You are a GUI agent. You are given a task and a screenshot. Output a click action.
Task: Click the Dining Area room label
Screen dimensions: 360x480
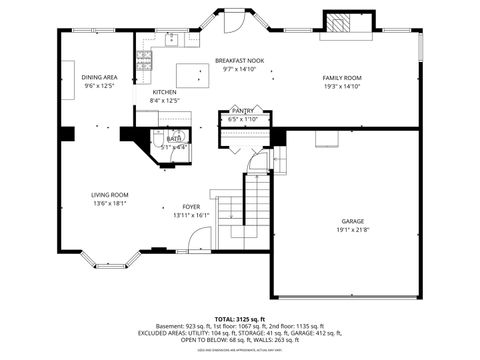[100, 77]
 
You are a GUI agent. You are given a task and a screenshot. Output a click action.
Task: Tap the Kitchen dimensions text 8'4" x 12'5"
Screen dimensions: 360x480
[164, 101]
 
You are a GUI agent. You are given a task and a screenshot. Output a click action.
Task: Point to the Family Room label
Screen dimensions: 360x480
[341, 77]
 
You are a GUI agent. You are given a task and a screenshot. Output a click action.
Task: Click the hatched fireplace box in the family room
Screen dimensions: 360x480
[337, 23]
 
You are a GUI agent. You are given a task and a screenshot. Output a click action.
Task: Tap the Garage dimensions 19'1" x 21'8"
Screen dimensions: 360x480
[352, 230]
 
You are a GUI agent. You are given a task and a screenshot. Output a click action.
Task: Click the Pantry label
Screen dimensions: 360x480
[242, 111]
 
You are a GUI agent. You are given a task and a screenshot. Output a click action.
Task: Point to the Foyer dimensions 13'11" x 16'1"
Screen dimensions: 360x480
[191, 215]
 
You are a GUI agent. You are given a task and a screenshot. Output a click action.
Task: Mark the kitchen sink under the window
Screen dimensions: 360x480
[171, 41]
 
